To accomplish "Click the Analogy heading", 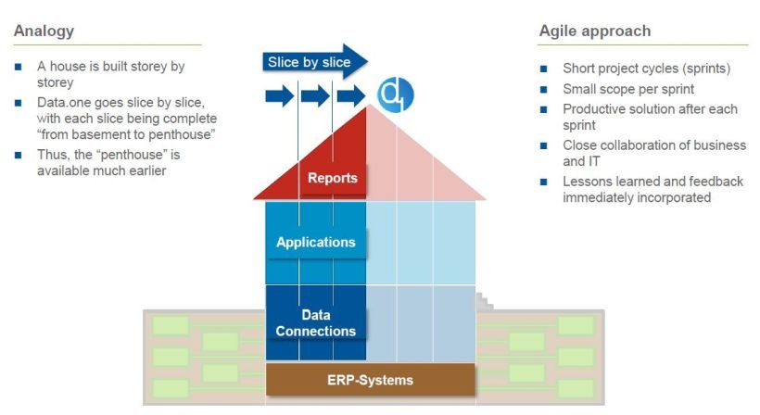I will tap(44, 31).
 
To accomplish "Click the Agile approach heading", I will tap(594, 31).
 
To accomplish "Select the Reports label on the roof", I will tap(332, 178).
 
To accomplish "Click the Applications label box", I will tap(315, 243).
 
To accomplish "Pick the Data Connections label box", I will tap(315, 323).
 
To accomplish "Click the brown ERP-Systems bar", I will tap(370, 380).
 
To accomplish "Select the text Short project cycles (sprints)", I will tap(647, 69).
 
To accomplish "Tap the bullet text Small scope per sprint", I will tap(628, 89).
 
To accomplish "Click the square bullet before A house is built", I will tap(19, 68).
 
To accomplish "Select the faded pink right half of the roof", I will tap(417, 167).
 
